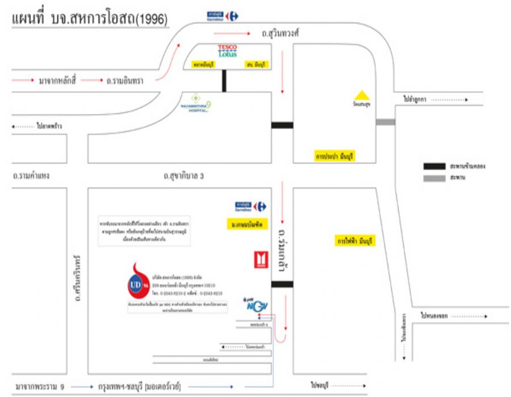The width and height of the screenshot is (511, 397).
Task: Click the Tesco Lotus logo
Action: point(228,50)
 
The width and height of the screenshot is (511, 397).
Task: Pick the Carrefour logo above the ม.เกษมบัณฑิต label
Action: point(250,206)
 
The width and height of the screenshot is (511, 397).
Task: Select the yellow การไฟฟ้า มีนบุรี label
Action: point(355,241)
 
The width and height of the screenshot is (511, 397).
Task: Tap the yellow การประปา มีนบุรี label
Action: point(334,156)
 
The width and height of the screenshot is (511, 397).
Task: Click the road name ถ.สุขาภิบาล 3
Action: point(183,176)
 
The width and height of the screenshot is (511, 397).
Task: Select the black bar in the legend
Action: point(434,166)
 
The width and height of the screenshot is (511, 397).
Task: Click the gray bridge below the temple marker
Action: point(386,122)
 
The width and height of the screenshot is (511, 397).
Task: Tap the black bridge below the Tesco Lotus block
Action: point(225,81)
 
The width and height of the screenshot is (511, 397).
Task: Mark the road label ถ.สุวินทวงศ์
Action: point(280,33)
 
